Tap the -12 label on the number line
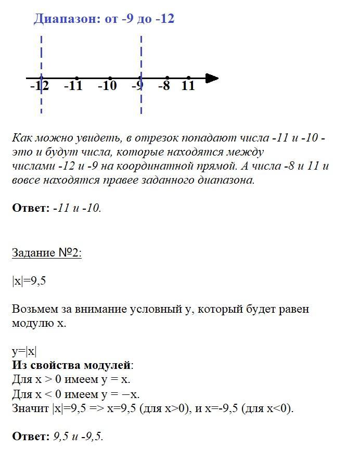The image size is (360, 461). (40, 86)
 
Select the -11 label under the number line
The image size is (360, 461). (73, 86)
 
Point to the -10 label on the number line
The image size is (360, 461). (107, 86)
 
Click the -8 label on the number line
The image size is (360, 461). (164, 86)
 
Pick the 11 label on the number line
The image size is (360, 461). (188, 86)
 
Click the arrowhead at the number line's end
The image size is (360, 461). (212, 79)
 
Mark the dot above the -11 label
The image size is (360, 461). (77, 79)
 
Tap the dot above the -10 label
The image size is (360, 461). (110, 79)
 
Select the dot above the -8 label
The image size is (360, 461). (167, 79)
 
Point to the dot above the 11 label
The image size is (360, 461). (188, 79)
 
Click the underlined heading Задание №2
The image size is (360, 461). (47, 253)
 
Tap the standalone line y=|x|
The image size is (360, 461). (24, 351)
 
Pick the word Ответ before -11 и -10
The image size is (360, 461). (29, 209)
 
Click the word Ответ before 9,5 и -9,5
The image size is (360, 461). (29, 437)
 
